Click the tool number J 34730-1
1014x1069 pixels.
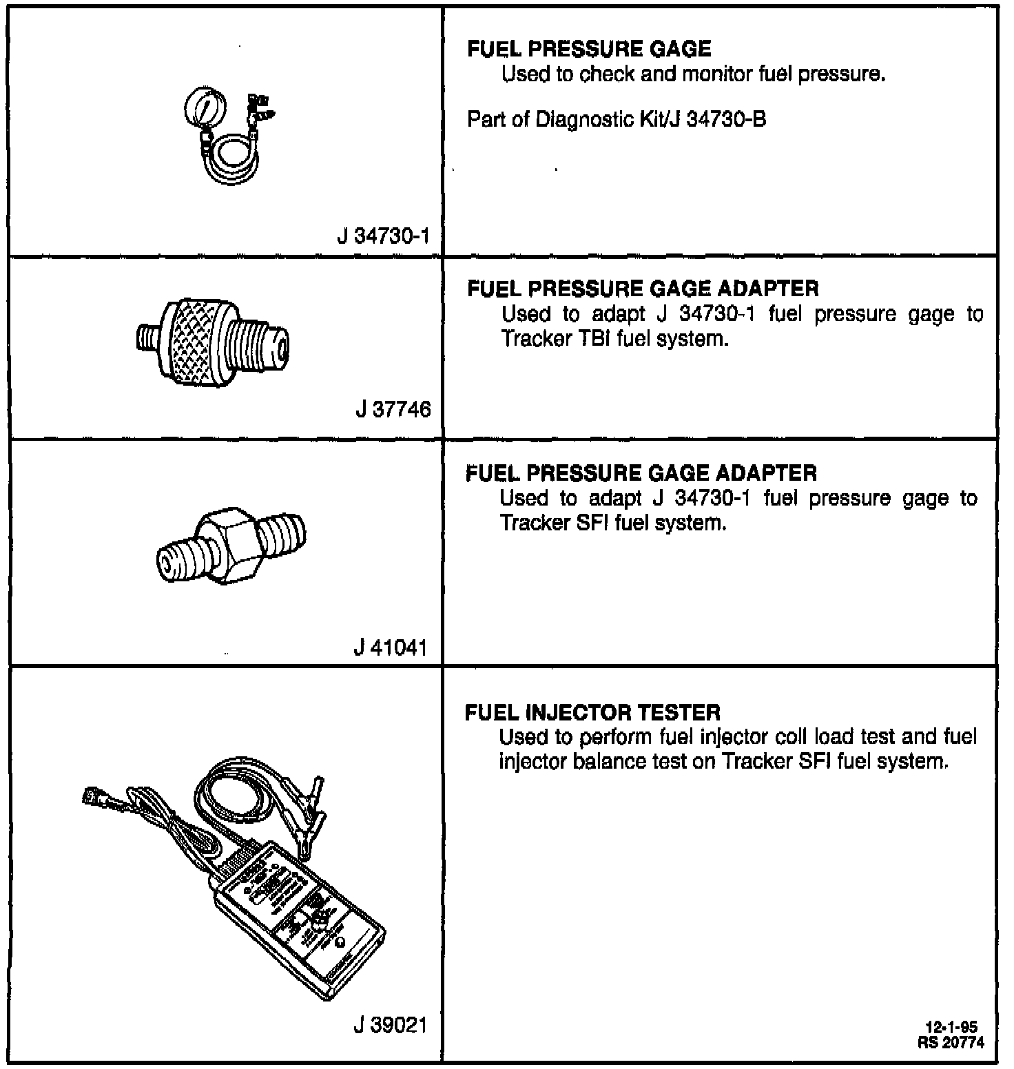(x=384, y=236)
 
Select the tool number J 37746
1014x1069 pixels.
(x=393, y=410)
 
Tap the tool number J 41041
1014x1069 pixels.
(x=391, y=647)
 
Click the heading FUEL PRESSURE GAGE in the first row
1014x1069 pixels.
(x=589, y=49)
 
